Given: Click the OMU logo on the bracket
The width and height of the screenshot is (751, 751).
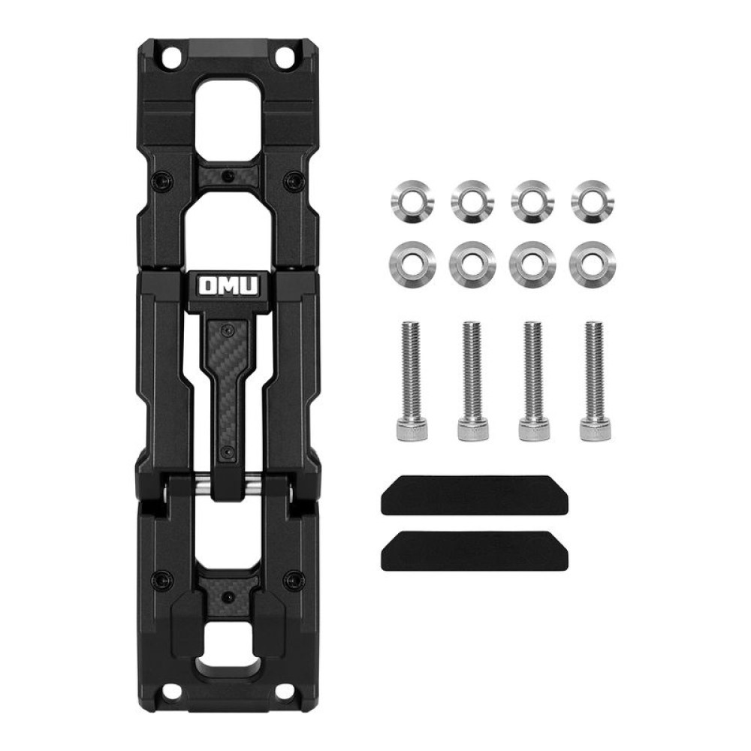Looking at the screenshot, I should coord(228,286).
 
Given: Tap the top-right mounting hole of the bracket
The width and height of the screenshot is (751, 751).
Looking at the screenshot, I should coord(285,57).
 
